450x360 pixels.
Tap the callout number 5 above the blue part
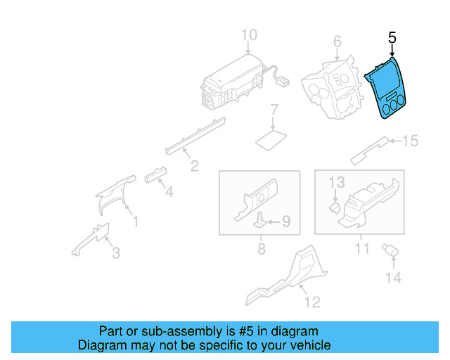[x=392, y=37]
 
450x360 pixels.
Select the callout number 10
[x=250, y=35]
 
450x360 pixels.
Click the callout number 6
[x=337, y=41]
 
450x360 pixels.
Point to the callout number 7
[x=275, y=110]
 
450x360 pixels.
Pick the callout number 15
[x=409, y=141]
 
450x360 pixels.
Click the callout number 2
[x=194, y=166]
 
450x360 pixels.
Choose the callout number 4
[x=168, y=190]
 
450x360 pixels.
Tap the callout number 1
[x=136, y=222]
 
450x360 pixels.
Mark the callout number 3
[x=116, y=252]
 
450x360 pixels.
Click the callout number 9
[x=286, y=222]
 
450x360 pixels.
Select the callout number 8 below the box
[x=261, y=248]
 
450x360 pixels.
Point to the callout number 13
[x=337, y=183]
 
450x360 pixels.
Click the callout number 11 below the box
[x=361, y=248]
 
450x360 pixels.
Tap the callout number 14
[x=392, y=278]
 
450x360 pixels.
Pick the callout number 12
[x=312, y=302]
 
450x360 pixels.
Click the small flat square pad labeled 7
[x=271, y=138]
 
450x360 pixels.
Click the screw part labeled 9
[x=259, y=221]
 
